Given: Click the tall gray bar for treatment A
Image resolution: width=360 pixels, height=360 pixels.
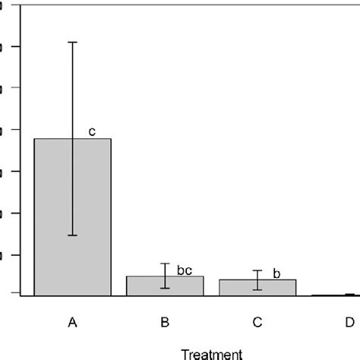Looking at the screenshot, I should tap(73, 216).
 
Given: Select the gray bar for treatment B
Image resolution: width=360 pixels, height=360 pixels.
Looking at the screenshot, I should tap(165, 286).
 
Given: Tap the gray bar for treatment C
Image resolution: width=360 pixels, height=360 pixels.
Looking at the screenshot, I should tap(257, 287).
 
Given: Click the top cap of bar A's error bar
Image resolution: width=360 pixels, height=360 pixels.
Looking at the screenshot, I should tap(73, 42).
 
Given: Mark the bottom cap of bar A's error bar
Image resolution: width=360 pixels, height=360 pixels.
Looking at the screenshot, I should tap(73, 235).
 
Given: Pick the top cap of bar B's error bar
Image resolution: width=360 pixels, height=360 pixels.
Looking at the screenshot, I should tap(165, 263).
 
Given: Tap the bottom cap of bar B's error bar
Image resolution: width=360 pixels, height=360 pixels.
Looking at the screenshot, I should tap(165, 289).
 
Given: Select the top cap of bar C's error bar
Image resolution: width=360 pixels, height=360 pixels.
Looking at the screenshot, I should tap(257, 270).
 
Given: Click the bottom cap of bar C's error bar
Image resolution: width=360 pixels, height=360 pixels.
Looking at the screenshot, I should tap(257, 290).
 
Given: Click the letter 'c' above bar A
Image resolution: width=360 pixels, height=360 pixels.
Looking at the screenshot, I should tap(92, 132).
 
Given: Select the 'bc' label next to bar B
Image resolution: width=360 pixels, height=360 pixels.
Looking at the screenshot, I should tap(185, 270).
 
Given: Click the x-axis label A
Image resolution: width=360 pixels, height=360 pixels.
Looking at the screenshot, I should tap(73, 323).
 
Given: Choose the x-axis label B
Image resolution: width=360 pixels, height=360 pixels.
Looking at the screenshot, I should tap(165, 323).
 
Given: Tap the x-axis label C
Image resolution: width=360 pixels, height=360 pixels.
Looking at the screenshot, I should tap(257, 323).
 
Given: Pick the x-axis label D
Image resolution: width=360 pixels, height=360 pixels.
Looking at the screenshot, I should tap(349, 323).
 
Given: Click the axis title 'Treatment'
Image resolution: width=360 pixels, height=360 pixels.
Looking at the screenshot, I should tap(211, 352).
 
